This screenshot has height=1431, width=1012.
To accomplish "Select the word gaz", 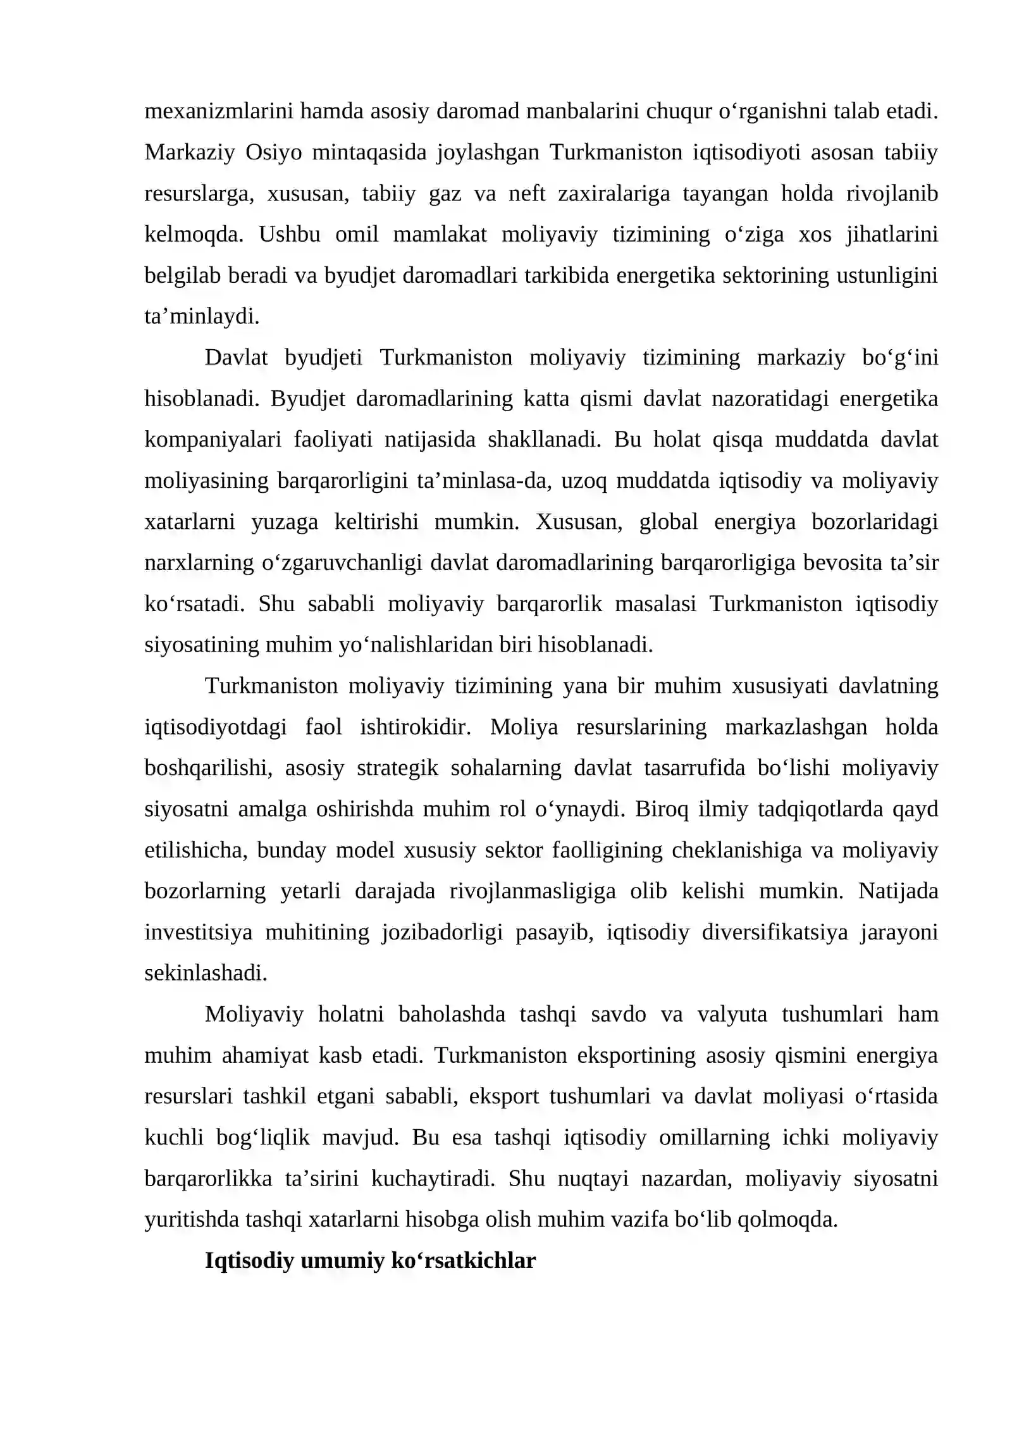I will point(445,194).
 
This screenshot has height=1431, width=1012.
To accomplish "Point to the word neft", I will point(527,194).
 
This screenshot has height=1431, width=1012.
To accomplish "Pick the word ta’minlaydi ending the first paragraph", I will point(202,316).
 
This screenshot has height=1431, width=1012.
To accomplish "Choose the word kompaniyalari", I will point(213,440).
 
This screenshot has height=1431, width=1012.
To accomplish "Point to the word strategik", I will point(397,768).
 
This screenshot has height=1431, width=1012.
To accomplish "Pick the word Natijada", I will point(898,891).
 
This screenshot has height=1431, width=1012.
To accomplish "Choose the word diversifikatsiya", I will point(774,932).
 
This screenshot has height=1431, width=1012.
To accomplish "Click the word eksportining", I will point(636,1055).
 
